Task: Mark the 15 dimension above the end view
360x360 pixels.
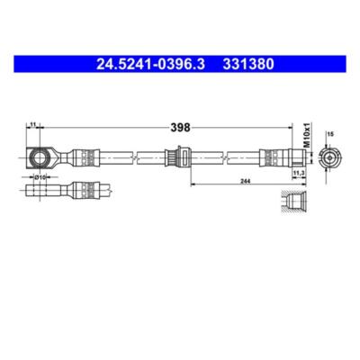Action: [330, 135]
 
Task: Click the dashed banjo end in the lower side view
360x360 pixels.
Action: [40, 192]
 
